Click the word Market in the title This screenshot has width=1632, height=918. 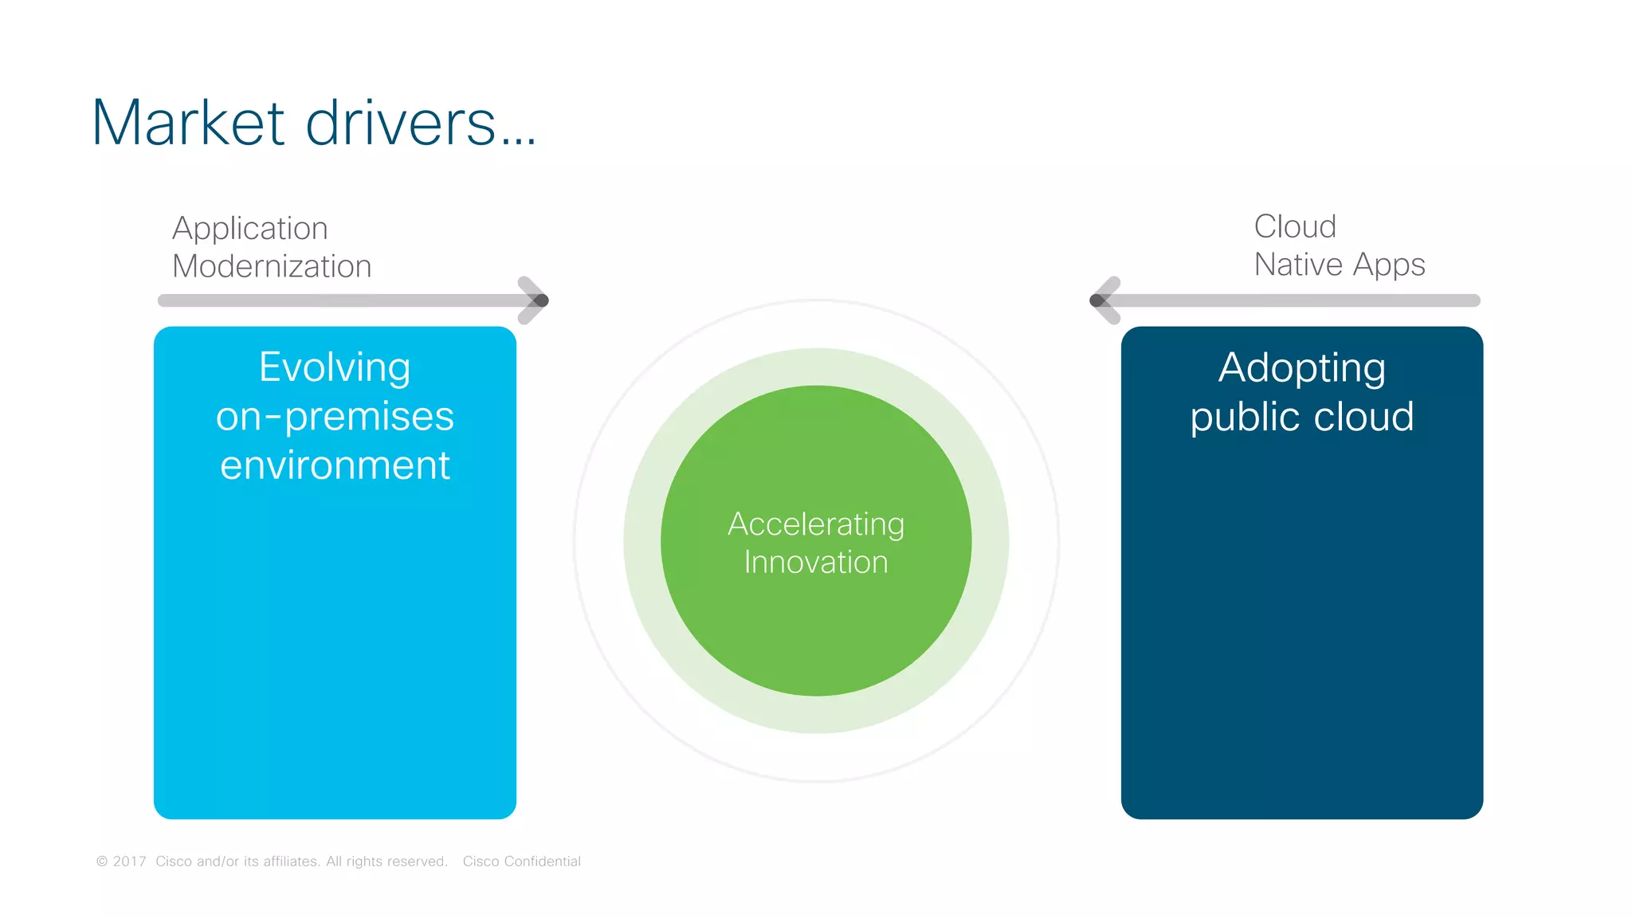[x=188, y=124]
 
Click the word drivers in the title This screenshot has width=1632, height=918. [x=401, y=124]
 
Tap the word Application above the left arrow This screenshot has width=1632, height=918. [x=250, y=229]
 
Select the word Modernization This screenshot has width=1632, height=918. [x=272, y=266]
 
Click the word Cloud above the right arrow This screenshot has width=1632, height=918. [x=1295, y=227]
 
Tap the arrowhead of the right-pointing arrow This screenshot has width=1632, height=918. [x=535, y=300]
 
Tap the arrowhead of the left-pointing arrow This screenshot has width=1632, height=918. [x=1103, y=300]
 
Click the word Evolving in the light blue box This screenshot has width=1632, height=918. [x=335, y=368]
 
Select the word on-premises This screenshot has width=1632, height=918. [x=335, y=417]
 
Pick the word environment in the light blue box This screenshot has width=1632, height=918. [x=335, y=465]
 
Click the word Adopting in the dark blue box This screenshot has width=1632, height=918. [x=1301, y=369]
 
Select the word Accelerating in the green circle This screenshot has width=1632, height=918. [x=816, y=525]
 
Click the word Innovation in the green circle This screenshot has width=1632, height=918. [x=816, y=563]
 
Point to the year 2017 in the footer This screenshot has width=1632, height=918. [x=129, y=861]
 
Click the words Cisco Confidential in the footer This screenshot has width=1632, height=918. [x=521, y=861]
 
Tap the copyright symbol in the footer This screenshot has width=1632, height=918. [x=102, y=861]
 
